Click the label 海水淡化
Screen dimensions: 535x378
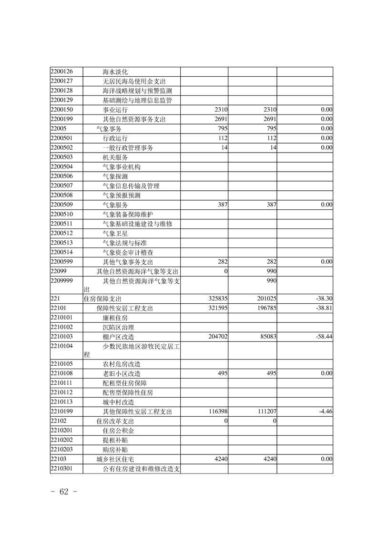pos(115,72)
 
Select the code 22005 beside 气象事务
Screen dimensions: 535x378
pos(58,129)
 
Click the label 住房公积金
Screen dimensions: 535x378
pos(118,431)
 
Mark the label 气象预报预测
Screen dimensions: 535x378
pos(122,195)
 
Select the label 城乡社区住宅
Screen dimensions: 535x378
pos(116,459)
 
